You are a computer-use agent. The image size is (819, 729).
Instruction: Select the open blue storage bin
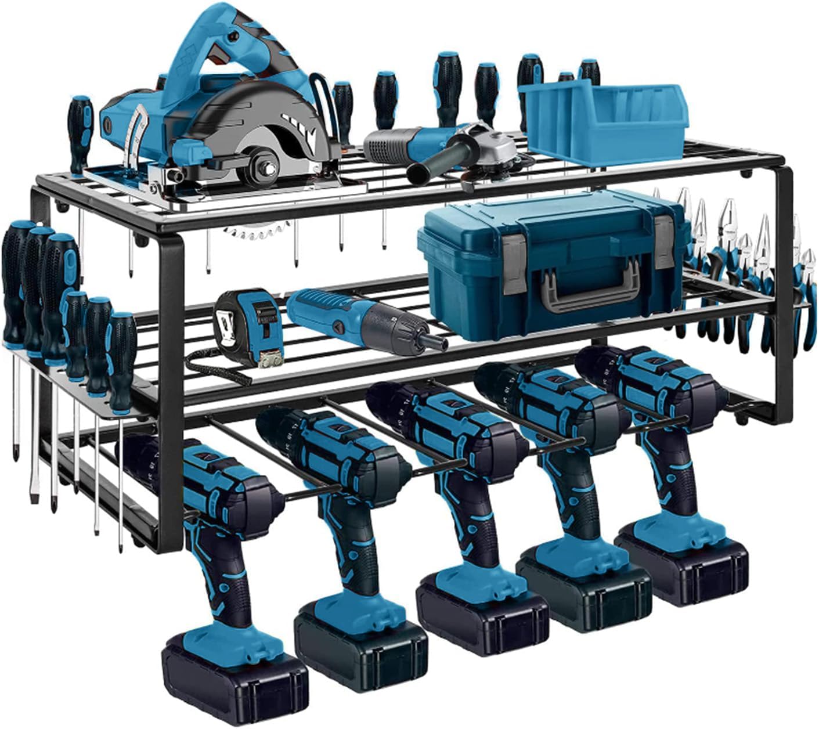[604, 122]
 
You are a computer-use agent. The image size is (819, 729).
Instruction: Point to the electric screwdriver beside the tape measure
[360, 322]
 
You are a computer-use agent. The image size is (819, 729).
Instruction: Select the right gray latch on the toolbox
[665, 244]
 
